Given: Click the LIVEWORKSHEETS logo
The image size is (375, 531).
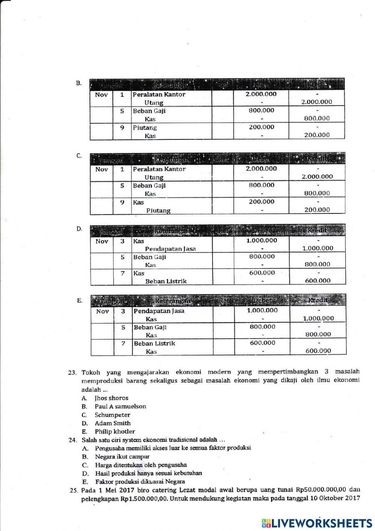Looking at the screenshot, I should click(x=317, y=523).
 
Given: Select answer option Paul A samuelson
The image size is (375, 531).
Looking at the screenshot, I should click(x=120, y=406).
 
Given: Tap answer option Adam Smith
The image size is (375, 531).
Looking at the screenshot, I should click(x=112, y=423).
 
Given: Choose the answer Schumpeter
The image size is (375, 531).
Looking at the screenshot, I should click(x=112, y=415).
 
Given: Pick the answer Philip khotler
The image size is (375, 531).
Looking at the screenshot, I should click(x=114, y=431).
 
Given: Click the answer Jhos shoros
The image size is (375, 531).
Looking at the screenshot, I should click(x=111, y=398).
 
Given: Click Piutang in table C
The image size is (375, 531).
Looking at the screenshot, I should click(x=158, y=210).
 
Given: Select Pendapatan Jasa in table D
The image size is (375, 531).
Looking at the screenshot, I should click(x=170, y=249).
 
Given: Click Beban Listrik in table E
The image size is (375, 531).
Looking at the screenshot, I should click(x=154, y=343).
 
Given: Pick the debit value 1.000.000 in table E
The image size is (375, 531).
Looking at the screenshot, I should click(x=262, y=310).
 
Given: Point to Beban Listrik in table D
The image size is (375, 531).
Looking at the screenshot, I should click(x=166, y=281).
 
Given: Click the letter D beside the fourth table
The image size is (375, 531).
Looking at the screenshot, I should click(x=79, y=228).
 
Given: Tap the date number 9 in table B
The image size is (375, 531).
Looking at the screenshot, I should click(x=122, y=127).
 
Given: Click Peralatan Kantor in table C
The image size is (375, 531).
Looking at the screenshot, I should click(x=159, y=169).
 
